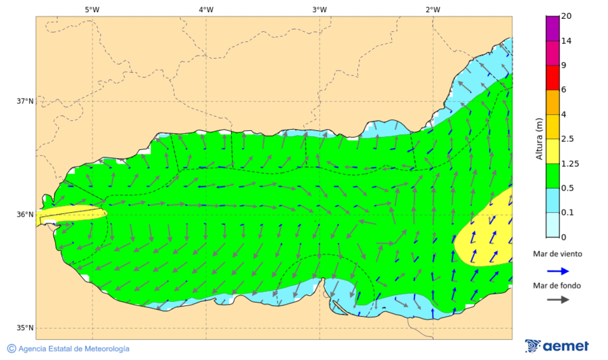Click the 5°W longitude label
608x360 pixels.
pyautogui.click(x=92, y=9)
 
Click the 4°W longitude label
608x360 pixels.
pyautogui.click(x=206, y=9)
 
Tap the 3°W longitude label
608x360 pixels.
pyautogui.click(x=320, y=9)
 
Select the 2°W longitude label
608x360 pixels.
pyautogui.click(x=433, y=9)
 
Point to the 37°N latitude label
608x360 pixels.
pyautogui.click(x=25, y=101)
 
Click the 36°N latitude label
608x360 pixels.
pyautogui.click(x=25, y=215)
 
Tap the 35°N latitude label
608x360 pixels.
pyautogui.click(x=25, y=328)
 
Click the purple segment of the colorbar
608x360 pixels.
pyautogui.click(x=553, y=28)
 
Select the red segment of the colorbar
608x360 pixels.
pyautogui.click(x=553, y=77)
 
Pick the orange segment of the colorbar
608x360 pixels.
pyautogui.click(x=553, y=102)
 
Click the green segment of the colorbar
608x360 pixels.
pyautogui.click(x=553, y=175)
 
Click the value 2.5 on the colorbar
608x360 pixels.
pyautogui.click(x=568, y=139)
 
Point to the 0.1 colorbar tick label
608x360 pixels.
pyautogui.click(x=568, y=213)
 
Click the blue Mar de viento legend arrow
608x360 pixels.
pyautogui.click(x=557, y=270)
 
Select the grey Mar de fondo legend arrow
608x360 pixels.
pyautogui.click(x=557, y=301)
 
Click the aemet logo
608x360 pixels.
pyautogui.click(x=557, y=346)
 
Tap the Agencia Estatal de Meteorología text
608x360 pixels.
pyautogui.click(x=74, y=349)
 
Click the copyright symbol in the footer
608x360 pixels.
pyautogui.click(x=11, y=349)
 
